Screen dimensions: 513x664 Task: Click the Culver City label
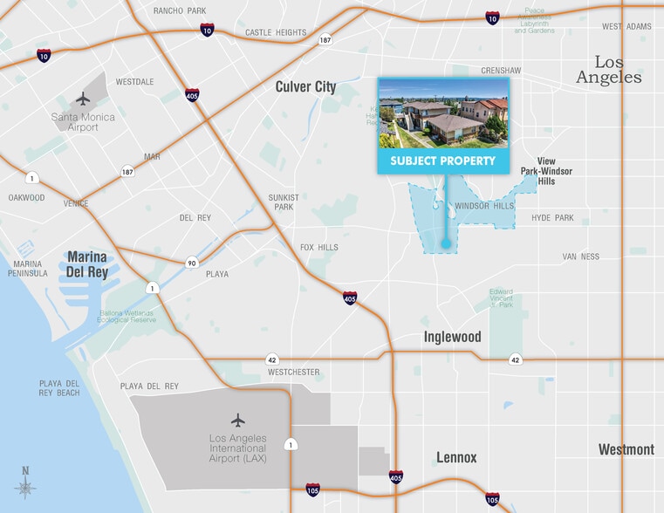click(305, 86)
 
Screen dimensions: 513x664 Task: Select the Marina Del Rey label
click(86, 263)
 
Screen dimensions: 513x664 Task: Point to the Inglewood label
click(453, 337)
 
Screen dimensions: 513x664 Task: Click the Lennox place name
click(456, 457)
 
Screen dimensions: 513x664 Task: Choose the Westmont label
click(626, 449)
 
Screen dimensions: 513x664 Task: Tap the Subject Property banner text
click(442, 161)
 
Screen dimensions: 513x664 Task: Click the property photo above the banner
click(442, 113)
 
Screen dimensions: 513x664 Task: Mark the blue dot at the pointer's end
click(445, 245)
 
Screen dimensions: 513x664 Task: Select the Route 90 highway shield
click(190, 263)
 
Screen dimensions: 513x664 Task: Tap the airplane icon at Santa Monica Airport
click(84, 98)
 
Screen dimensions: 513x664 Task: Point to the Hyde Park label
click(552, 217)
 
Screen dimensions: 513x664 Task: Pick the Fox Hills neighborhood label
click(318, 247)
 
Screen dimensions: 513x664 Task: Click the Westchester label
click(293, 373)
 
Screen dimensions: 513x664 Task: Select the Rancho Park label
click(179, 10)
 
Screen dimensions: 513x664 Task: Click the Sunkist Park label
click(284, 202)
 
